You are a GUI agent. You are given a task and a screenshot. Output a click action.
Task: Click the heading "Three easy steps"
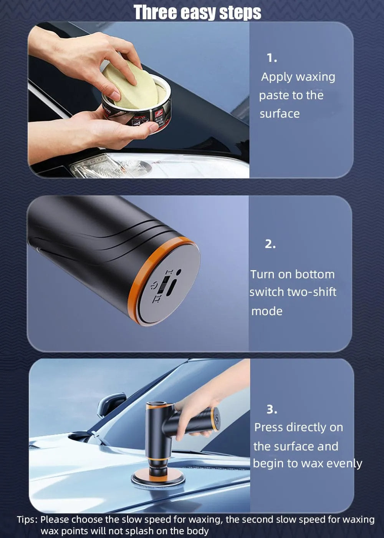(197, 12)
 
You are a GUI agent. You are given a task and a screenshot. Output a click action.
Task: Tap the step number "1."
(272, 58)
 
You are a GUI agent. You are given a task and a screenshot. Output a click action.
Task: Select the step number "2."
(270, 244)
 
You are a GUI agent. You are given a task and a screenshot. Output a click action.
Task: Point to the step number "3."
(272, 409)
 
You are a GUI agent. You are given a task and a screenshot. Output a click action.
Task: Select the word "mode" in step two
(267, 311)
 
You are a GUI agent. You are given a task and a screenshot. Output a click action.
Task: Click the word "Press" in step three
(269, 427)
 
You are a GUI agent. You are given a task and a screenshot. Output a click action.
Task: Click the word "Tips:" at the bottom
(27, 520)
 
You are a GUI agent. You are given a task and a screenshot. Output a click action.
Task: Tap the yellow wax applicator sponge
(129, 86)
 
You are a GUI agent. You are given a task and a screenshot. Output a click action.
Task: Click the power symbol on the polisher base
(154, 286)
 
